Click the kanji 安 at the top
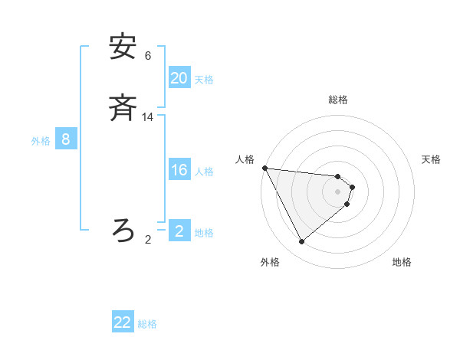pos(123,47)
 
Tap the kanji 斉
pos(123,110)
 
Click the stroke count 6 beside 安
pos(148,56)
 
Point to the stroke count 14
pos(148,117)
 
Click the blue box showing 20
pos(179,78)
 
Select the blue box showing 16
pos(179,170)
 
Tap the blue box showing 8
pos(66,139)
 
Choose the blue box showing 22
pos(123,322)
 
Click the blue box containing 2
pos(179,231)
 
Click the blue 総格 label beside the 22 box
pos(147,324)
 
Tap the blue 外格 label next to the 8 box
pos(41,141)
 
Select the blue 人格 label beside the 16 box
pos(205,172)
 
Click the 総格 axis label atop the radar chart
pos(338,100)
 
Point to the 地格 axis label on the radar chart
pos(402,263)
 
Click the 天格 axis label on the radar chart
pos(432,159)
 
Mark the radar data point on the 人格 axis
pos(264,168)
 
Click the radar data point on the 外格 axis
pos(301,242)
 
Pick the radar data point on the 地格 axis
pos(347,205)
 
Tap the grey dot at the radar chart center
pos(338,191)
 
